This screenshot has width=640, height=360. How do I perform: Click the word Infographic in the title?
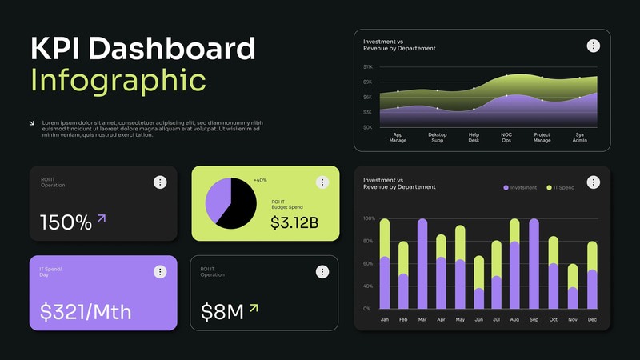click(118, 80)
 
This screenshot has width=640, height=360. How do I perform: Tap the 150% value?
click(66, 222)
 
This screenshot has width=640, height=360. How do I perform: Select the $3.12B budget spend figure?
click(294, 222)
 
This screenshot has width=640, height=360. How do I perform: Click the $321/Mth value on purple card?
click(86, 311)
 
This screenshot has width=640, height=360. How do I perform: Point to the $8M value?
click(222, 311)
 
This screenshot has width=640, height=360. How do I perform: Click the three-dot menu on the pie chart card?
click(322, 182)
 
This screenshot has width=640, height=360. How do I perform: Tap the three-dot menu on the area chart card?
click(593, 46)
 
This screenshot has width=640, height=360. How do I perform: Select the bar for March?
click(422, 264)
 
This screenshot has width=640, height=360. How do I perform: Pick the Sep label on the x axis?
click(534, 319)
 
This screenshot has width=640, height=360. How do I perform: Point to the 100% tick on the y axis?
click(369, 218)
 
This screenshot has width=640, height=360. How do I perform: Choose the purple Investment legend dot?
click(506, 187)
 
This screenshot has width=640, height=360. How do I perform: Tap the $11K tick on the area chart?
click(368, 67)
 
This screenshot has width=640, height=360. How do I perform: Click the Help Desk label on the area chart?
click(474, 137)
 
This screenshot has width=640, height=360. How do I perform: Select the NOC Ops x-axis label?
click(506, 137)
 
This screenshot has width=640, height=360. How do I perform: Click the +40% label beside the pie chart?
click(260, 180)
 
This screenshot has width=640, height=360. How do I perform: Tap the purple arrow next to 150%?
click(102, 218)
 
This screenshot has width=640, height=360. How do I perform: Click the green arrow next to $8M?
click(254, 307)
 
